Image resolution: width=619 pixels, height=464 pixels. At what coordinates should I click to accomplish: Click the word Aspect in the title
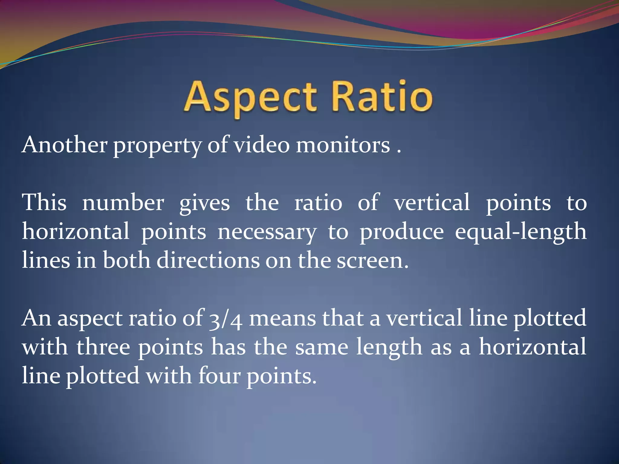coord(250,97)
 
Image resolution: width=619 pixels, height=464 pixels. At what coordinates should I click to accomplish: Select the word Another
coord(64,145)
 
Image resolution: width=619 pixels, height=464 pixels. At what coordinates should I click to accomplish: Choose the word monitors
coord(343,145)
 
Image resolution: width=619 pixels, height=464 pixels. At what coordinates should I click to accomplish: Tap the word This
coord(44,202)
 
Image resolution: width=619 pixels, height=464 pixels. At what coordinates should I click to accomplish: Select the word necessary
coord(267,232)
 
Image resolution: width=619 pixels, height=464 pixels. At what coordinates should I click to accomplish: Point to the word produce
coord(402,232)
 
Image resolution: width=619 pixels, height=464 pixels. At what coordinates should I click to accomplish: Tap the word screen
coord(372,261)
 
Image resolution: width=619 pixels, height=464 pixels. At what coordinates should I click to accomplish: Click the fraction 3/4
coord(225,319)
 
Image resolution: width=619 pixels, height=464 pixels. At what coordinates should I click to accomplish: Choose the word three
coord(103,347)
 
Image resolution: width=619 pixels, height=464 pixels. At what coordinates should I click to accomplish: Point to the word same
coord(322,347)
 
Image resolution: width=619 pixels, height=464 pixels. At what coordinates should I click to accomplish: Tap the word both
coord(126,260)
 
